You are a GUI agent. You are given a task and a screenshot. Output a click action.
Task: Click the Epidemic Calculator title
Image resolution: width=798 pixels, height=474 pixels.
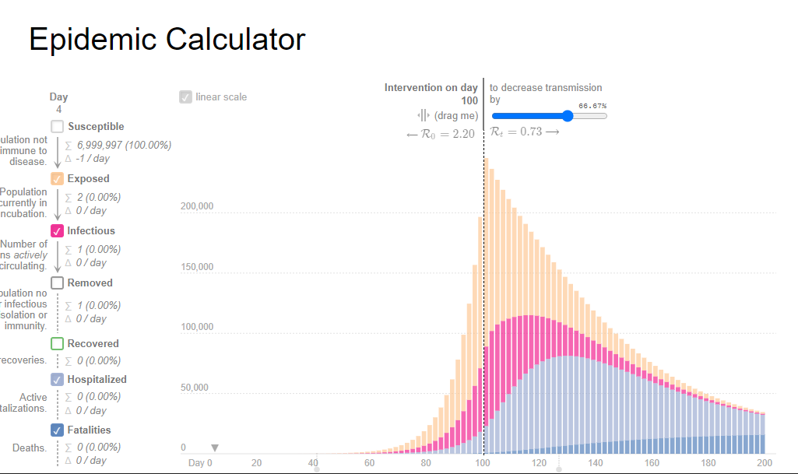click(167, 39)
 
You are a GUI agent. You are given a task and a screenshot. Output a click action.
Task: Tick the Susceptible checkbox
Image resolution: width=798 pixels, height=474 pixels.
click(58, 126)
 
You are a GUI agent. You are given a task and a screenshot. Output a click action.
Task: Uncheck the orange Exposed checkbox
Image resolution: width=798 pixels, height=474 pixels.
click(58, 179)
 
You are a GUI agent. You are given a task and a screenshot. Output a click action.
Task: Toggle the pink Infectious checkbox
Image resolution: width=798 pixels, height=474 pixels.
click(58, 231)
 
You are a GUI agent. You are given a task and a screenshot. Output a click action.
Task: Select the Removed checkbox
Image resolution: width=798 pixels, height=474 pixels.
click(58, 283)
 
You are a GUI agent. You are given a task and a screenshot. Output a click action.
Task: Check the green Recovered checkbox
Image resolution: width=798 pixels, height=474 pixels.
click(58, 343)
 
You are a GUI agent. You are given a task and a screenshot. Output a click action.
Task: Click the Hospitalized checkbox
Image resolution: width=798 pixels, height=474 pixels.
click(58, 380)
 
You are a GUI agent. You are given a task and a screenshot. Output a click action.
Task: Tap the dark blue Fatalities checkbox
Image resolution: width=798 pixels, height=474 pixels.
click(58, 430)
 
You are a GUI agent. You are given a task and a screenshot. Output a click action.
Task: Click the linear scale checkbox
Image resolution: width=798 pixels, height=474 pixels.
click(185, 97)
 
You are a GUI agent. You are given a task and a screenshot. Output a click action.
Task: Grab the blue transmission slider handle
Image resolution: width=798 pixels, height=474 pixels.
click(568, 116)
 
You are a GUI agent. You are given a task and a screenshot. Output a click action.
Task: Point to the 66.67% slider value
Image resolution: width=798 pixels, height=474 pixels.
click(592, 106)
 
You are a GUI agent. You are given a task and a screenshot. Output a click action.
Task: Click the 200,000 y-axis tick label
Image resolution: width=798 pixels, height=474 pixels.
click(197, 207)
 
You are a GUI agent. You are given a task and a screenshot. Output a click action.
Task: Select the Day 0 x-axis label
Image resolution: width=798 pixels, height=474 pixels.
click(200, 463)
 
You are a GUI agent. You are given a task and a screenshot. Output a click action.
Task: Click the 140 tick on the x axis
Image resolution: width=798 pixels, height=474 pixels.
click(596, 463)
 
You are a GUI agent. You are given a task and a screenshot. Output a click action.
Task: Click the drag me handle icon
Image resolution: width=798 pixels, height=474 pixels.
click(424, 115)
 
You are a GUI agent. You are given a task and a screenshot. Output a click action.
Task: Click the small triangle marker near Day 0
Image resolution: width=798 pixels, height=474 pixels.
click(215, 448)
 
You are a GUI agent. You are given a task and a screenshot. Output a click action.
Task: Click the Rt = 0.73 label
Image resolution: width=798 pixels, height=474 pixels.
click(516, 132)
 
